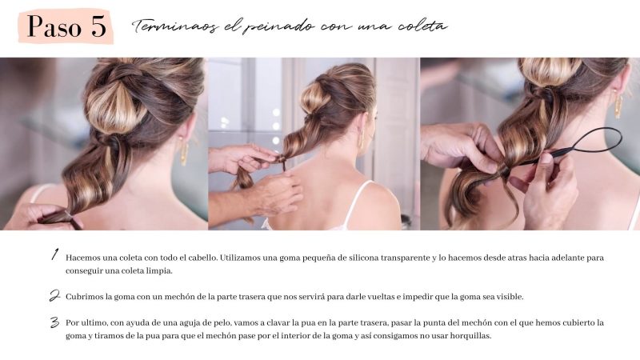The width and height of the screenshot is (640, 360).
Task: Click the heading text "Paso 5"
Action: [67, 27]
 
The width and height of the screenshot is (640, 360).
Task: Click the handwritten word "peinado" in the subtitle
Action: [278, 27]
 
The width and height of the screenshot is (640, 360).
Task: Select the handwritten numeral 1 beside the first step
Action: [54, 254]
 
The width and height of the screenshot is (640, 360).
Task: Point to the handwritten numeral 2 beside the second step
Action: [54, 295]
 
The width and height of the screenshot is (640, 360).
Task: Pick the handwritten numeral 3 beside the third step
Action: [54, 322]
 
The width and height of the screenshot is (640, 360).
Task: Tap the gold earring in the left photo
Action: [184, 153]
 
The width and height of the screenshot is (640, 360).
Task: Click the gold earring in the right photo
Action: [618, 105]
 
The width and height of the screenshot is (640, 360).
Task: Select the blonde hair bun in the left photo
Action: [116, 107]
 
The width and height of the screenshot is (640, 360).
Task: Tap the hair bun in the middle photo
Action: [315, 96]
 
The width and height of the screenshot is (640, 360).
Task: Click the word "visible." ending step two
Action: [510, 297]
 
